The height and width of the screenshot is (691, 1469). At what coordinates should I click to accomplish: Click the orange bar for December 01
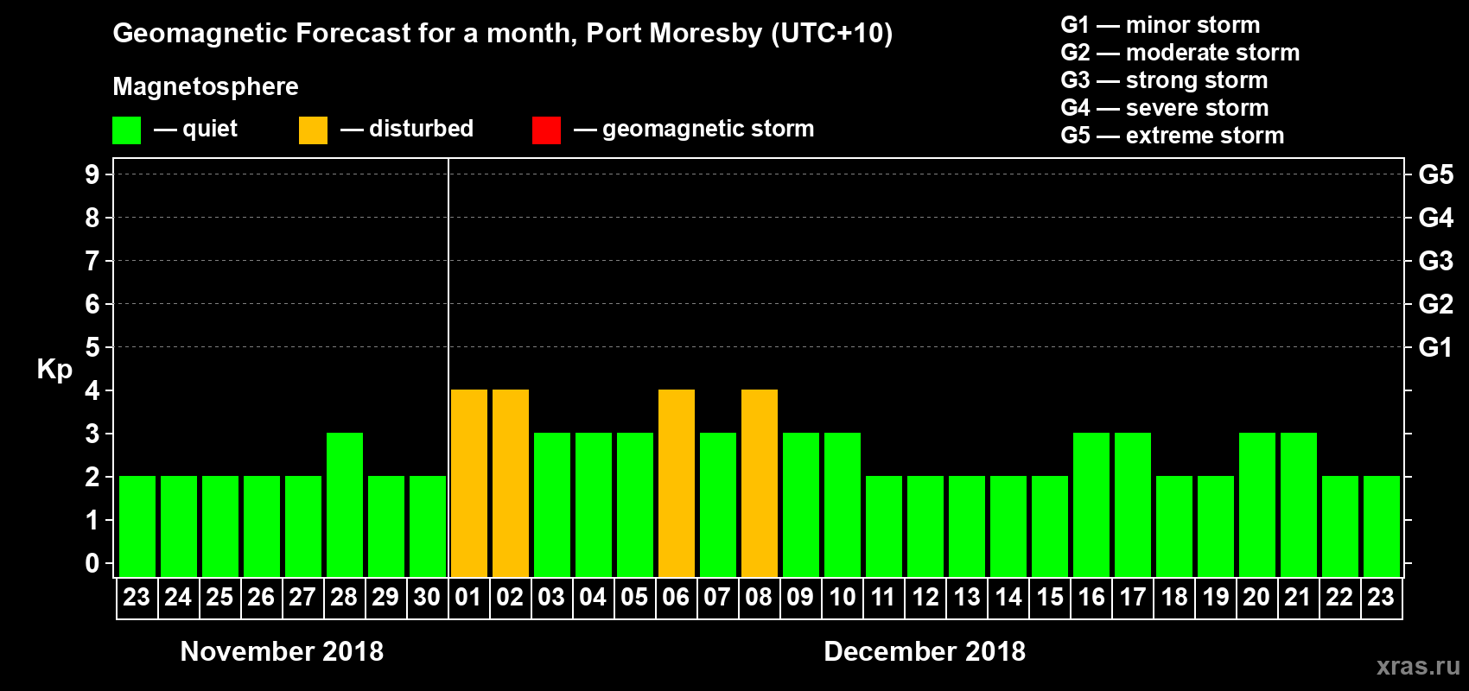coord(469,484)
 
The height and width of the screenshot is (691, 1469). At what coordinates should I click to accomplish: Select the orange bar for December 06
coord(677,484)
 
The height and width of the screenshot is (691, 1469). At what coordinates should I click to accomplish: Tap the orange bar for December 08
coord(760,484)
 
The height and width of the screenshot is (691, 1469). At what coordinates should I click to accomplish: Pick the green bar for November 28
coord(345,505)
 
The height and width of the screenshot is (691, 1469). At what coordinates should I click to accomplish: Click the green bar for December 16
coord(1091,505)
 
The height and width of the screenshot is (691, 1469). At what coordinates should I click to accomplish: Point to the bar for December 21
coord(1299,505)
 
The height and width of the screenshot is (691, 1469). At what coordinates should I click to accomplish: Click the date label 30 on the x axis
coord(427,597)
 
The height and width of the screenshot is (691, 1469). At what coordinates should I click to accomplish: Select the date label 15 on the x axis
coord(1050,597)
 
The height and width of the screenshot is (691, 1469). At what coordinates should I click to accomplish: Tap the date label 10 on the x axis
coord(843,597)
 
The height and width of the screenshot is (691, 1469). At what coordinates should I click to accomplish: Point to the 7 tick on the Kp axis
coord(92,261)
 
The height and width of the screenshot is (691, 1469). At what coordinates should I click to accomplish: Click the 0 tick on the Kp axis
coord(92,563)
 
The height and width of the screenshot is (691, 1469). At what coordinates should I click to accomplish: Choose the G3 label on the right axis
coord(1435,261)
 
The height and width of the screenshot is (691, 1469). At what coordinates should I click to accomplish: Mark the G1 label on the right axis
coord(1435,347)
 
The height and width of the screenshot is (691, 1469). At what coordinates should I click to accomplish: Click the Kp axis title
coord(54,369)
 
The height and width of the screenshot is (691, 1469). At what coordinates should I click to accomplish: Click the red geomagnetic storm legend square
coord(546,130)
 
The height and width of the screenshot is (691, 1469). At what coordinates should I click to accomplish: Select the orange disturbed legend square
coord(313,130)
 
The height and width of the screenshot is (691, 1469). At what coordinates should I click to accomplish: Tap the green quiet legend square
coord(126,130)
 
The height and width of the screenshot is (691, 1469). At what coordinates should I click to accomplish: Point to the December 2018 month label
coord(925,651)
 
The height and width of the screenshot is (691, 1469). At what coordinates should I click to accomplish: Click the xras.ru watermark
coord(1418,666)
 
